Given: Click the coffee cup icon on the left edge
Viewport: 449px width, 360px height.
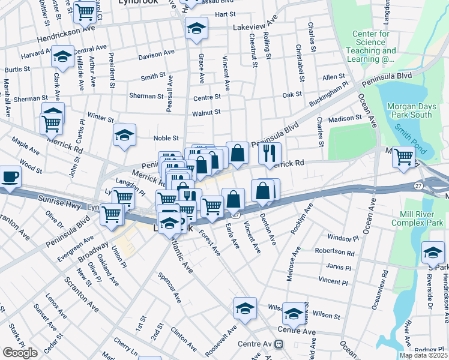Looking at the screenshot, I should tap(9, 177).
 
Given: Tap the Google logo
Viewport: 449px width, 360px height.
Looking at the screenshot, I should tap(20, 353).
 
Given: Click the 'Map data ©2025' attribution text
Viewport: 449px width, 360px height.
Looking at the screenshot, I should tap(423, 355).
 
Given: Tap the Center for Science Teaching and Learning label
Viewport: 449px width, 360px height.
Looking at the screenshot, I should tap(370, 46).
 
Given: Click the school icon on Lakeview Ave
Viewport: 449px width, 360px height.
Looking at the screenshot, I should tap(196, 28).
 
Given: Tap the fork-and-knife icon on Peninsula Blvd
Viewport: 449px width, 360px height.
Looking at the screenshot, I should tap(270, 152).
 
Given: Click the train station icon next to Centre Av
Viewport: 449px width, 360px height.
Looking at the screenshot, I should tap(279, 344).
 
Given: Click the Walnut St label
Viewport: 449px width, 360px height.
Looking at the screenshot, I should tap(206, 112).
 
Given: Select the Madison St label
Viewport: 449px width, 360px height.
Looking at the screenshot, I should tap(345, 119).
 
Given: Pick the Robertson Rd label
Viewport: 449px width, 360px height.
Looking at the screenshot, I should tap(337, 253).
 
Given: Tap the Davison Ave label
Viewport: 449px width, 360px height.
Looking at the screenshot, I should tap(156, 55).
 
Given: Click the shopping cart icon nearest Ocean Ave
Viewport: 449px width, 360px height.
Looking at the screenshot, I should tap(403, 156).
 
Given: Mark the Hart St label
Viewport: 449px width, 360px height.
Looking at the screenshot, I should tap(224, 14).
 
